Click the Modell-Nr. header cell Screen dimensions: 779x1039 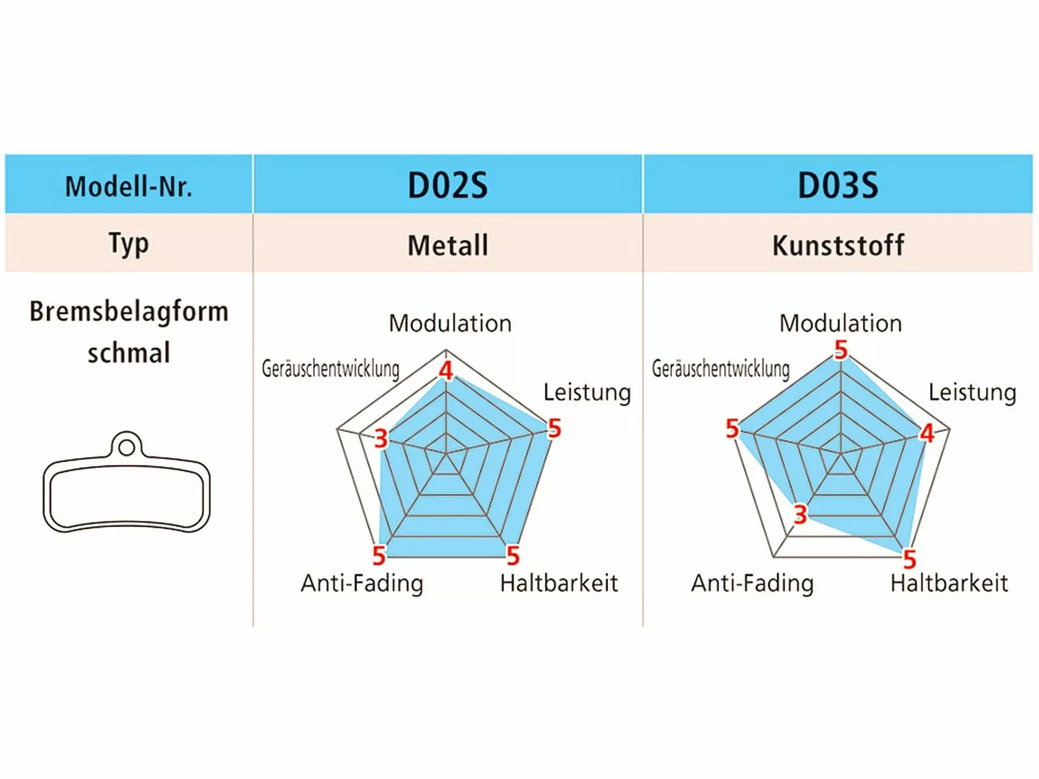(x=129, y=186)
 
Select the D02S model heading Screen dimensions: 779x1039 (x=447, y=186)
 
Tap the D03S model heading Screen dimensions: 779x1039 (x=838, y=186)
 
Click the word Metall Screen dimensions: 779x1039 (x=447, y=245)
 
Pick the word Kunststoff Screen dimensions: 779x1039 (x=838, y=245)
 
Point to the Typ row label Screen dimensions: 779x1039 (x=129, y=244)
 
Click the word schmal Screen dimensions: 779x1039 (x=129, y=353)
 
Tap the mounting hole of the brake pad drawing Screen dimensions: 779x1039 (x=127, y=447)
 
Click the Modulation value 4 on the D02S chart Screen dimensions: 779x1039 (x=445, y=371)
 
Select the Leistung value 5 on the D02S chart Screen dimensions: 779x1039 (x=554, y=428)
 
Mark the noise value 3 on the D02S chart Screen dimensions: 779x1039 (x=381, y=439)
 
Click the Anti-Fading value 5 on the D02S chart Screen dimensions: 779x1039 (x=379, y=556)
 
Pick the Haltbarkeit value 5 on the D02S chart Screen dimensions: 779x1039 (x=513, y=556)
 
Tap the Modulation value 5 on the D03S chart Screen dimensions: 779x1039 (x=841, y=351)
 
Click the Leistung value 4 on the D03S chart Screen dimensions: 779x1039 (x=927, y=433)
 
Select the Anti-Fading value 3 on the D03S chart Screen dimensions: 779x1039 (x=800, y=515)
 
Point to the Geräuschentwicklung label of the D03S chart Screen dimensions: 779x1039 (x=721, y=369)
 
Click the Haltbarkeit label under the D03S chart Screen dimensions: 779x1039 (x=949, y=583)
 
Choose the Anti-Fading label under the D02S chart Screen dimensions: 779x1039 (x=362, y=583)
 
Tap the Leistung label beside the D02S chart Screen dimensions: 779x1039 (x=587, y=392)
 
